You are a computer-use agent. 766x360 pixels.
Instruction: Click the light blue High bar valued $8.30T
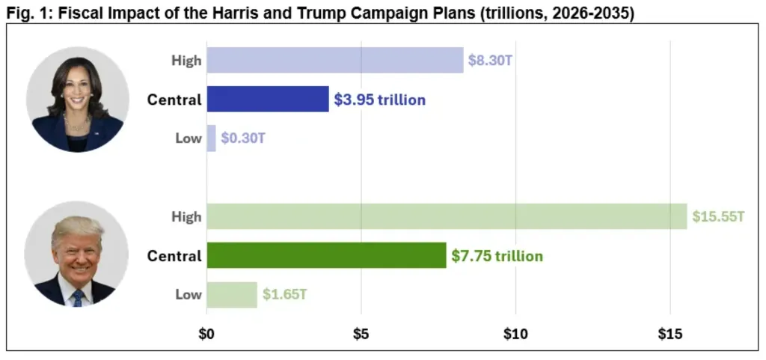[335, 61]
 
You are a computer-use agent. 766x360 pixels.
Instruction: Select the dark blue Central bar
[268, 100]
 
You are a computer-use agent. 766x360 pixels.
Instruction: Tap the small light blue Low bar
[211, 138]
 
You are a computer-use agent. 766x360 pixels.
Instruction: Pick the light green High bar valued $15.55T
[447, 216]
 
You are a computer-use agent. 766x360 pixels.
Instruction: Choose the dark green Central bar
[326, 255]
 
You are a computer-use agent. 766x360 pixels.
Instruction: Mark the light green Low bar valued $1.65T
[232, 294]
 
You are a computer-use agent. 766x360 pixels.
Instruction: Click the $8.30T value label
[490, 61]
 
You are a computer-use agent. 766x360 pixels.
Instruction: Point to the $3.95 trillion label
[379, 100]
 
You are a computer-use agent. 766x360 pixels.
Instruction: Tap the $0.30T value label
[242, 138]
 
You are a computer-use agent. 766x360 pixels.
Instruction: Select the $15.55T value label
[717, 216]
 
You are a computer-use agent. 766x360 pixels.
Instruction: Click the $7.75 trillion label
[497, 256]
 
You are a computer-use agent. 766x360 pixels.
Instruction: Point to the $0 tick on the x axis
[206, 334]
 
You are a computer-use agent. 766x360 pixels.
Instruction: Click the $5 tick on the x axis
[361, 334]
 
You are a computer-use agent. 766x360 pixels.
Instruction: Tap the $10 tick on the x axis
[516, 334]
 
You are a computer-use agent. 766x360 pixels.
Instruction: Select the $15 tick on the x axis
[670, 334]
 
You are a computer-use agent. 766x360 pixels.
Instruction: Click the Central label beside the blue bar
[174, 100]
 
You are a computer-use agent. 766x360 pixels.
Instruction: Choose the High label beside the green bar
[186, 216]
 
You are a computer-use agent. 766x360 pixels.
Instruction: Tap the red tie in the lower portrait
[77, 298]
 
